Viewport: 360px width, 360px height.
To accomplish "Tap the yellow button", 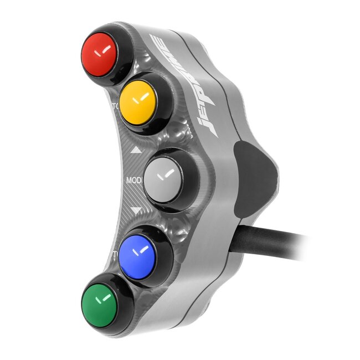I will tap(136, 101).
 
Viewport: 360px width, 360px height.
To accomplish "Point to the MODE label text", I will tap(135, 181).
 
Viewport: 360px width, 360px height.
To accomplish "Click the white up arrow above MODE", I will tap(135, 150).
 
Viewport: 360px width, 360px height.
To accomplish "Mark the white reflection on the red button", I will tap(101, 54).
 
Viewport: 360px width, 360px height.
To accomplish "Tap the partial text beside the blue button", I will tap(116, 254).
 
